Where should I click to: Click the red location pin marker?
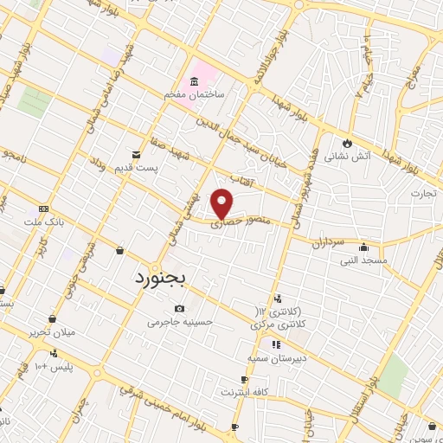coord(223,203)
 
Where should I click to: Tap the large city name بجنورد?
coord(167,279)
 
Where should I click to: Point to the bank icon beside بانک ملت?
coord(43,209)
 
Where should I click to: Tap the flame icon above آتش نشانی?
coord(347,142)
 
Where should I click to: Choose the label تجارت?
coord(424,192)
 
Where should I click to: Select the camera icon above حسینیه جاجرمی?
coord(179,309)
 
